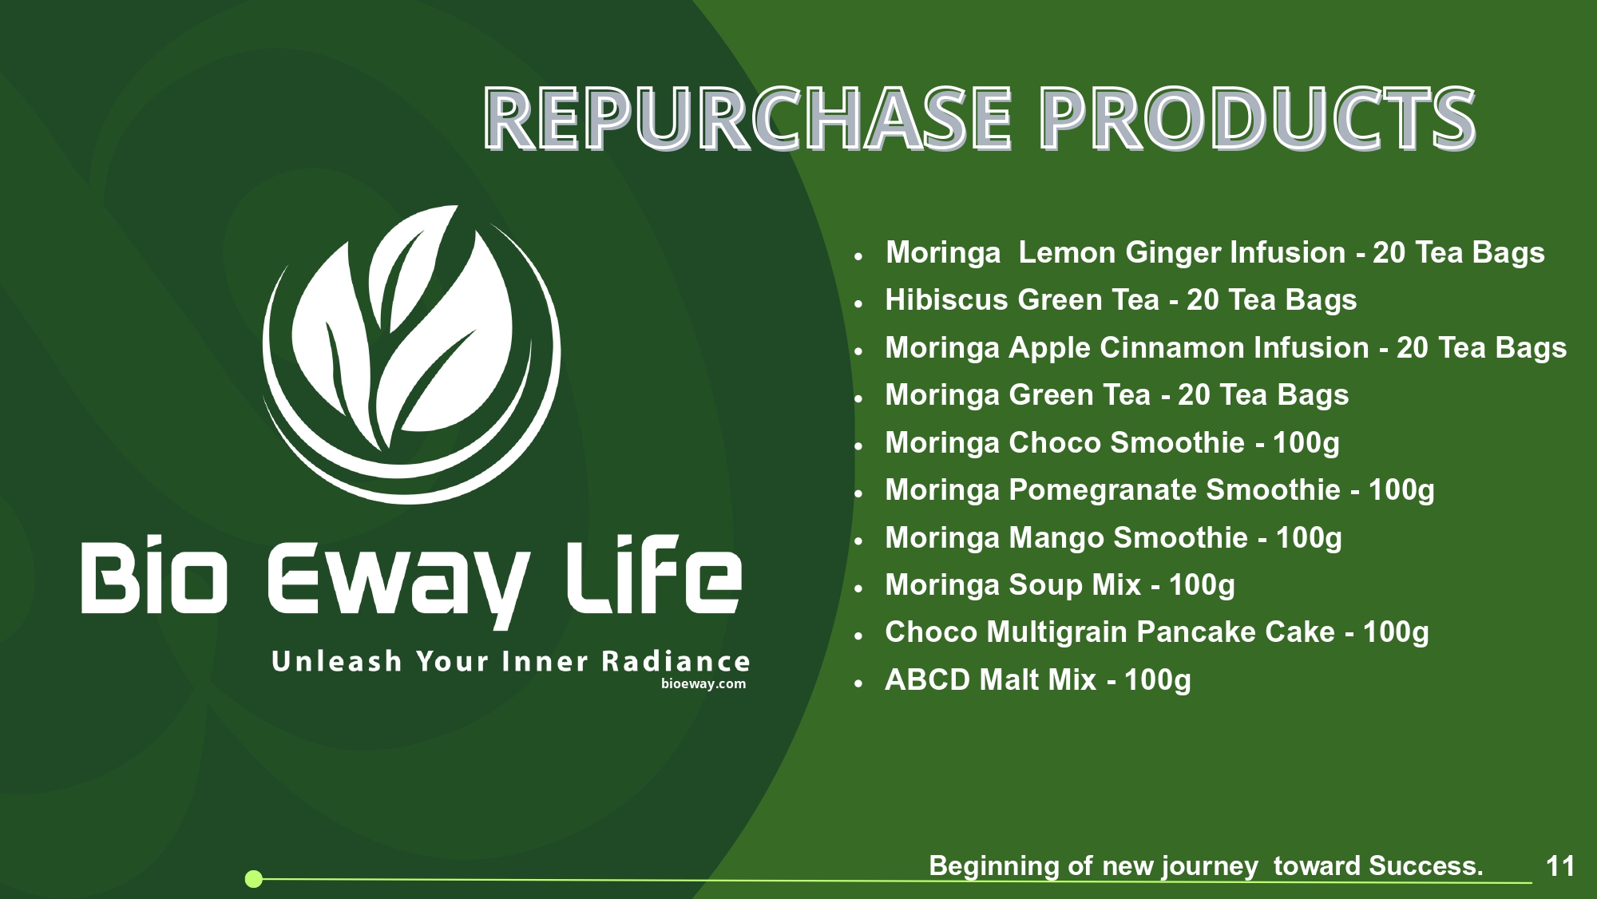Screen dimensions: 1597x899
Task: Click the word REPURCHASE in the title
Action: [x=749, y=118]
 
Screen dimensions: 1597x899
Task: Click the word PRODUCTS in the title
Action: [x=1258, y=118]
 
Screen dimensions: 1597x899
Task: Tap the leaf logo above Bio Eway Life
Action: [x=411, y=354]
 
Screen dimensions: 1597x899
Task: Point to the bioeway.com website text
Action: [x=703, y=683]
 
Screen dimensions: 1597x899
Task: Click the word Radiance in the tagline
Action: [x=676, y=661]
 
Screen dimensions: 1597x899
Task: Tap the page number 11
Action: [x=1560, y=866]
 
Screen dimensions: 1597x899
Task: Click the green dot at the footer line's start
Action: [x=254, y=879]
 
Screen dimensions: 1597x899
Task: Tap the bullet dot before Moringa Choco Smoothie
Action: [x=858, y=446]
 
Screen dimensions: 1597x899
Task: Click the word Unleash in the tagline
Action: [x=336, y=661]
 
